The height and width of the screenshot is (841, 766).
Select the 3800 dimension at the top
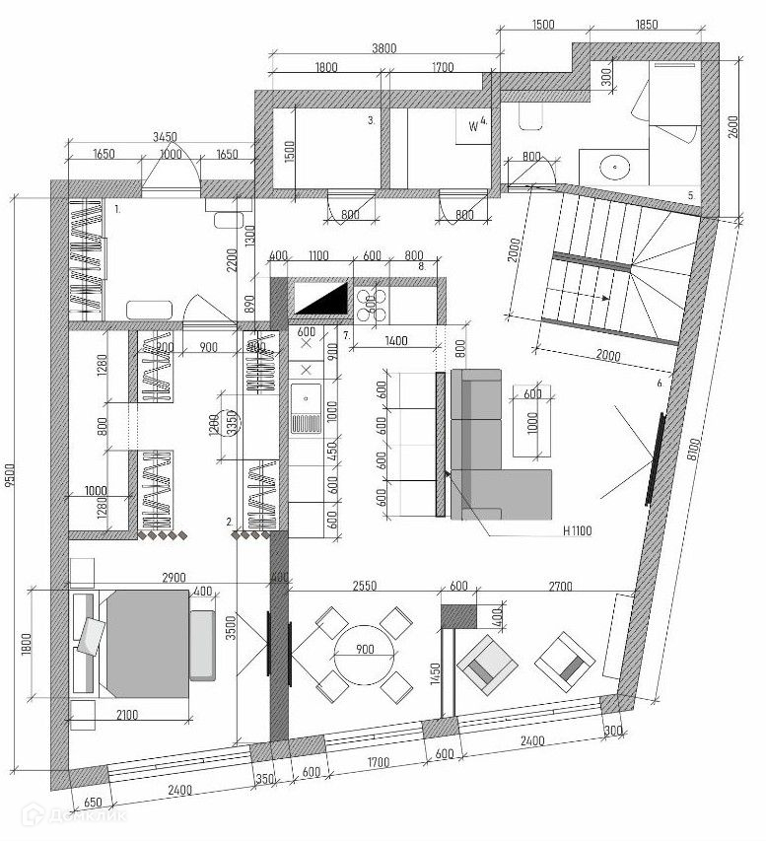pyautogui.click(x=383, y=47)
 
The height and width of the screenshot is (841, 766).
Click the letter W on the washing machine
pyautogui.click(x=473, y=126)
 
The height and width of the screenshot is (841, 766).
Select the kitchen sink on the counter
pyautogui.click(x=306, y=411)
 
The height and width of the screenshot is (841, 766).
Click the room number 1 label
pyautogui.click(x=117, y=209)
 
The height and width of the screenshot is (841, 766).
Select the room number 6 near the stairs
pyautogui.click(x=658, y=379)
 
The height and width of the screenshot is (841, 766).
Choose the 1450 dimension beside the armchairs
pyautogui.click(x=435, y=681)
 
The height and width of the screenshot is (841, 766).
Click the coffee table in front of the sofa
pyautogui.click(x=531, y=424)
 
